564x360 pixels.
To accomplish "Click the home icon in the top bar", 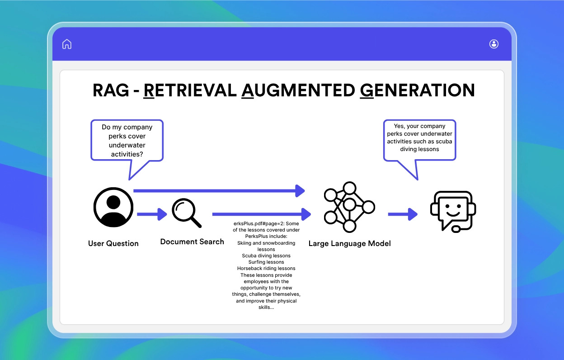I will (x=67, y=44).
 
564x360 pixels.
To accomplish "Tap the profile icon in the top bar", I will (x=493, y=44).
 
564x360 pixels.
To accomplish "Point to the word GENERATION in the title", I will (x=417, y=90).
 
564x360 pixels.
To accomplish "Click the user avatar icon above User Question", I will (x=113, y=208).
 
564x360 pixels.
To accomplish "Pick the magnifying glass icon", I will (x=186, y=213).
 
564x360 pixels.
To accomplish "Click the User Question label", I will (x=113, y=243).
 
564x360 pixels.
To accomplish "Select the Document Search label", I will (x=192, y=242).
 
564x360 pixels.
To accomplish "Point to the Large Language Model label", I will (x=349, y=243).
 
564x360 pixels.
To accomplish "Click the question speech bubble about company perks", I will (x=127, y=140).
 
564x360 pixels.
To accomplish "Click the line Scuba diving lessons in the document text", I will (x=266, y=256).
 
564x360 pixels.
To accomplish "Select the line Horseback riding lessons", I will (x=266, y=268).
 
